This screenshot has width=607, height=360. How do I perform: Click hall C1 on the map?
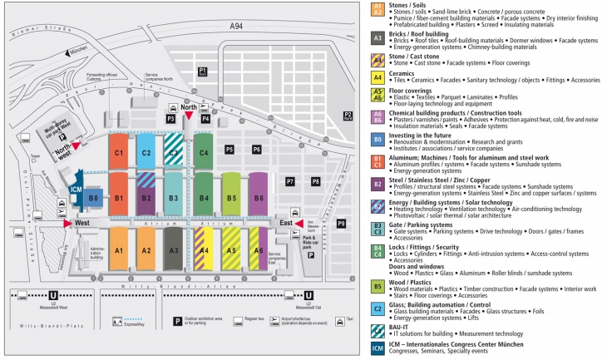(119, 154)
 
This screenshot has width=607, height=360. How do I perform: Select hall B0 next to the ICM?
(94, 199)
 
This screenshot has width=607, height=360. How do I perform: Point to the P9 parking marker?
(341, 223)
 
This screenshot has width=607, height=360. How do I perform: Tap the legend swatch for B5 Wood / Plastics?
(378, 288)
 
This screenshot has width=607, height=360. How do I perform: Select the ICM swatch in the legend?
(378, 348)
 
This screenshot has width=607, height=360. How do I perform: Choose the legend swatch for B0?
(378, 138)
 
